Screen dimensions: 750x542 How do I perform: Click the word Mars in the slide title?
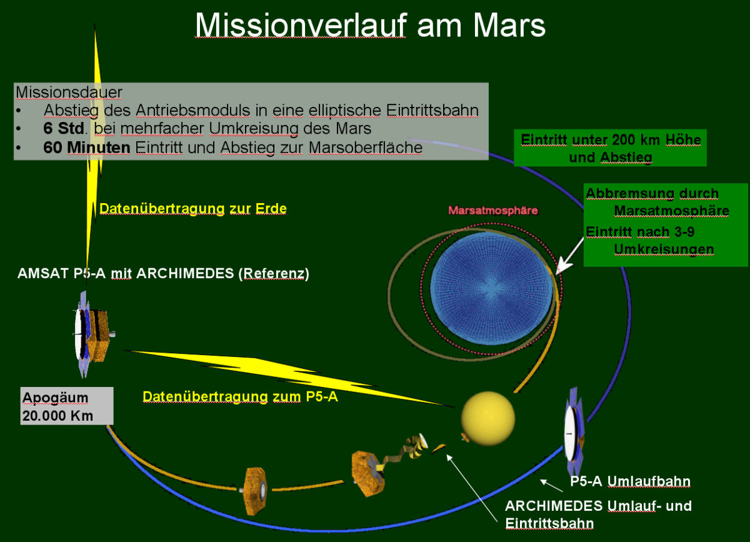click(509, 26)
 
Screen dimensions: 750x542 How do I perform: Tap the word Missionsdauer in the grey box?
click(69, 92)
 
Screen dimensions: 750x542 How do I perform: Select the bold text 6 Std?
click(64, 128)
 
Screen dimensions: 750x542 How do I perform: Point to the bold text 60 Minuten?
click(87, 148)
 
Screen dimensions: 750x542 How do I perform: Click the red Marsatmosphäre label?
click(493, 211)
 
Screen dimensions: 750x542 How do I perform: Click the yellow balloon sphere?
click(488, 418)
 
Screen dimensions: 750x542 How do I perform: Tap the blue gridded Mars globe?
click(491, 288)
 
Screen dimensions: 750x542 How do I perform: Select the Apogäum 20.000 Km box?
click(67, 406)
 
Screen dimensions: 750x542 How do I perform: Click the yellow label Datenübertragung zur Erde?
click(193, 208)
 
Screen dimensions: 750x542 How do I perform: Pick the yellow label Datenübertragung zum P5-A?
click(240, 396)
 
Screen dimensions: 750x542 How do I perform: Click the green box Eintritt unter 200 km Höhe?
click(611, 148)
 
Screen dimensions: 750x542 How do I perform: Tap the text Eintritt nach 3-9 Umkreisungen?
click(650, 241)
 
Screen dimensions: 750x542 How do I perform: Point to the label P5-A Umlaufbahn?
click(630, 481)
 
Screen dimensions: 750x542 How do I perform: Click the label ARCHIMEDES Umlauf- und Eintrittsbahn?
click(598, 514)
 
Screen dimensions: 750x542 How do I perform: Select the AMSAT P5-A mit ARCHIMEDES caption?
click(163, 274)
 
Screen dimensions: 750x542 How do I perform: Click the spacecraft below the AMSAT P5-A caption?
click(93, 335)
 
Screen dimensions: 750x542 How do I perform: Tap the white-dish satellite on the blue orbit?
click(574, 433)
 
